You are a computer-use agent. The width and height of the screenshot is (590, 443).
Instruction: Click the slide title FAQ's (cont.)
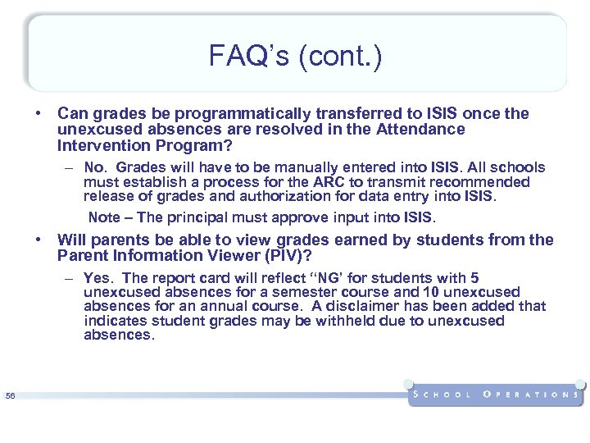point(295,57)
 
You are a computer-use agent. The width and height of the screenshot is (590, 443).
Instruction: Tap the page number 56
point(10,396)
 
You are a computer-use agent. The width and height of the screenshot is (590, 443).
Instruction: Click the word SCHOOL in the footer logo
point(443,395)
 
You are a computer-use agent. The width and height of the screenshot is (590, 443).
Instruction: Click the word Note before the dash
point(103,217)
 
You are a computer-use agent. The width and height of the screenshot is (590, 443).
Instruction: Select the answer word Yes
point(99,278)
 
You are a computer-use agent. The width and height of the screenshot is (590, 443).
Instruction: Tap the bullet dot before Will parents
point(39,240)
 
